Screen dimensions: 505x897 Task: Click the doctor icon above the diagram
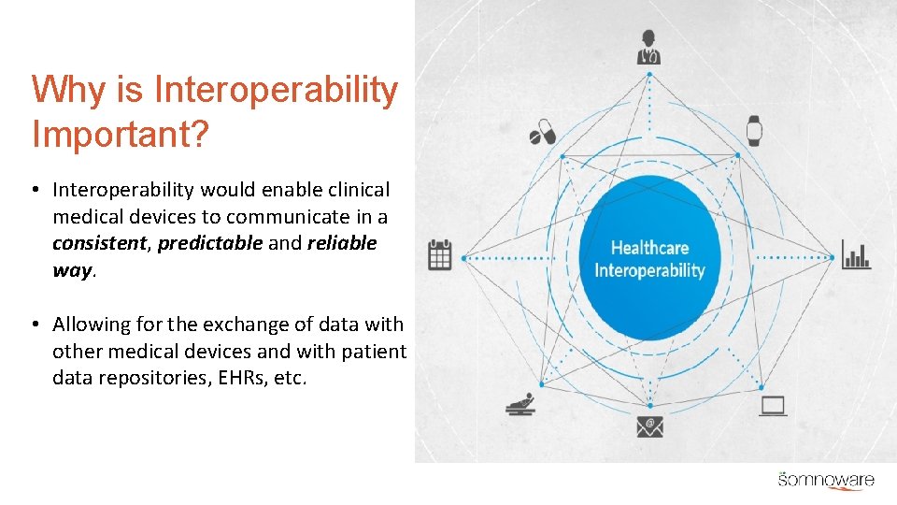648,47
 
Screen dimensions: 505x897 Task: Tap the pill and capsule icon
543,132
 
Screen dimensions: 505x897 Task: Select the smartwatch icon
754,131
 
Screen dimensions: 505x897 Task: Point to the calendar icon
439,254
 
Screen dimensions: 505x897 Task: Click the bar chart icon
856,254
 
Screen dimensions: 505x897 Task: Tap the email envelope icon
649,426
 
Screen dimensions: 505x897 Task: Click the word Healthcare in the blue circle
649,248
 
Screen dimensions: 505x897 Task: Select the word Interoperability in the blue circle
649,270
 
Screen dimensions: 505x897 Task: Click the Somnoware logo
826,480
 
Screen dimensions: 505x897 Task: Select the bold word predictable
210,243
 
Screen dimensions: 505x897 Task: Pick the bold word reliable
341,243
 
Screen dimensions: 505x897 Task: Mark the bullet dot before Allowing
34,325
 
